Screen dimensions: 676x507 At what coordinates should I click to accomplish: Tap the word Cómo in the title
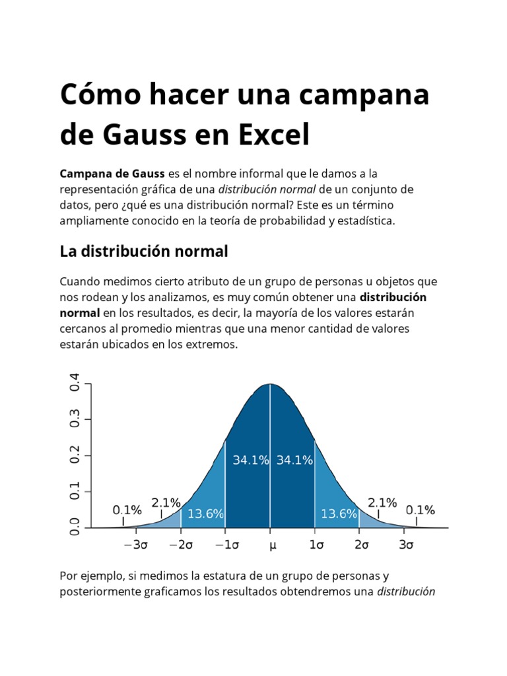[98, 95]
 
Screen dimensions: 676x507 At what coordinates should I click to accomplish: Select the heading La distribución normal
[144, 252]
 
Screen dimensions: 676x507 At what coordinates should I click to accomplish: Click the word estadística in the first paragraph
[365, 221]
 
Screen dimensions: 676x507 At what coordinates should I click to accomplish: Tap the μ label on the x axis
[271, 545]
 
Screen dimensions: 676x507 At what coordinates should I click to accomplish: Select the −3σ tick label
[136, 545]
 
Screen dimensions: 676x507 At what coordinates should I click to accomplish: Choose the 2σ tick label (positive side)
[360, 545]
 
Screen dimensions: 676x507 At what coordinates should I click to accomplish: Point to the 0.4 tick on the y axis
[75, 384]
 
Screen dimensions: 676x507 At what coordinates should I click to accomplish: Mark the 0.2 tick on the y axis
[75, 456]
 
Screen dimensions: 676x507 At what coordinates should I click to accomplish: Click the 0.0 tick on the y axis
[75, 527]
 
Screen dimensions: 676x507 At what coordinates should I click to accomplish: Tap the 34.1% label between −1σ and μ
[250, 460]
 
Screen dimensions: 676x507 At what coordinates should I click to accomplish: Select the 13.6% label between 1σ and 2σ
[339, 514]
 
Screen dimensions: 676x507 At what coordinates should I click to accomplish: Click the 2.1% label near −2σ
[166, 503]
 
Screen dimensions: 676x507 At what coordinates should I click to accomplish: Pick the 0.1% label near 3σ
[420, 510]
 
